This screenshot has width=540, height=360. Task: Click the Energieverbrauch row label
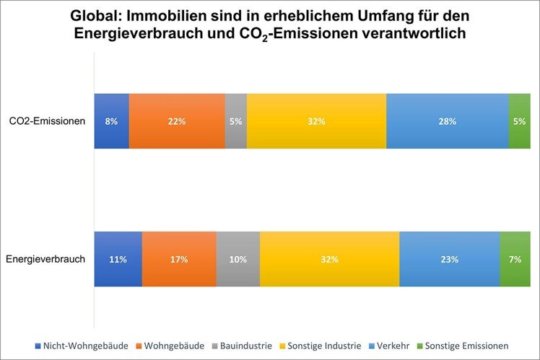46,259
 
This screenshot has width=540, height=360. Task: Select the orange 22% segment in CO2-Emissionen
177,121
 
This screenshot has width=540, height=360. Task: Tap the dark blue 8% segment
112,121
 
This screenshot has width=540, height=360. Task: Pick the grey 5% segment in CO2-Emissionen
235,121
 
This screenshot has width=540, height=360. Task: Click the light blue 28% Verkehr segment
447,121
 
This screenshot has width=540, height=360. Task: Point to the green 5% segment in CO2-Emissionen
519,121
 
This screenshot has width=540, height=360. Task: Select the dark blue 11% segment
118,259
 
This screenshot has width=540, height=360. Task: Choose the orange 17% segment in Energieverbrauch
179,259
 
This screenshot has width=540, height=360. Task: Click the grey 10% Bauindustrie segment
238,259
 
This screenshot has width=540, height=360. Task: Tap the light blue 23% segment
449,259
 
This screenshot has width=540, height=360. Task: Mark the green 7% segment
515,259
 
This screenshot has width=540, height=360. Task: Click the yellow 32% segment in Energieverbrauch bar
329,259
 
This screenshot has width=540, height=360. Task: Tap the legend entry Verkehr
393,346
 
